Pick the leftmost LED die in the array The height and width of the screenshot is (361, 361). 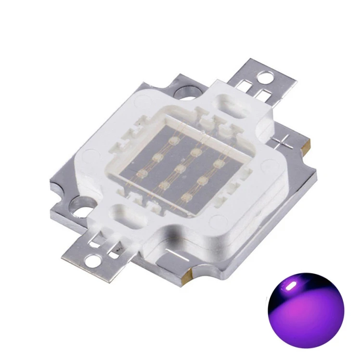[x=142, y=172]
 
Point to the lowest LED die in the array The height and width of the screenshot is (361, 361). [x=185, y=197]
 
